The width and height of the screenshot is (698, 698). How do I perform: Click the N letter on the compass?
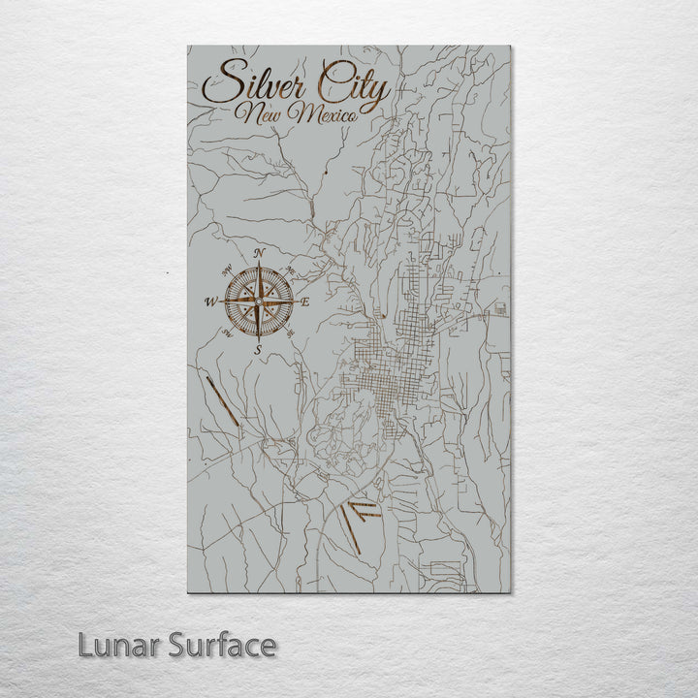click(x=259, y=254)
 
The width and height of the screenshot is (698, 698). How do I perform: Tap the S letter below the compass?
click(x=258, y=349)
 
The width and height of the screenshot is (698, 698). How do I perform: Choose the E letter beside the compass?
click(x=305, y=302)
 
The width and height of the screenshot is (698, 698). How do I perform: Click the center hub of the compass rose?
click(x=259, y=301)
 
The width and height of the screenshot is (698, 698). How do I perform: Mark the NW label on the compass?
click(x=227, y=270)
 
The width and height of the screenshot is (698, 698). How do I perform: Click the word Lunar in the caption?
click(x=118, y=645)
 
